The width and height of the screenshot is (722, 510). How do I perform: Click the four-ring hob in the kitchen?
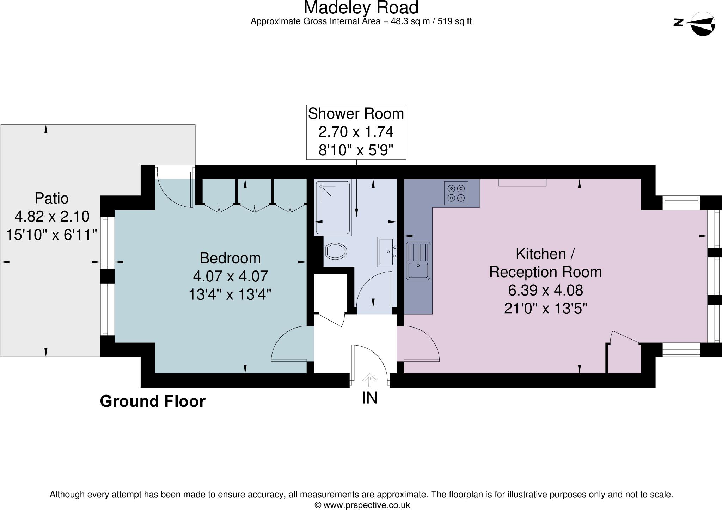(x=456, y=193)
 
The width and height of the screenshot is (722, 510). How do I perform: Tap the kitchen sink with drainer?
(x=418, y=261)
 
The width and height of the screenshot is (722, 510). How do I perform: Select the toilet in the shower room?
(x=336, y=251)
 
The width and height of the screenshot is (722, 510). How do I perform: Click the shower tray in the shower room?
(x=333, y=207)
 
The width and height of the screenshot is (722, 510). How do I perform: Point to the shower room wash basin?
(x=387, y=251)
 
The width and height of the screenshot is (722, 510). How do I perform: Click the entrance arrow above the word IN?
(x=369, y=380)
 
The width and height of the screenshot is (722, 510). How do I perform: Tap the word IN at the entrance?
(x=369, y=398)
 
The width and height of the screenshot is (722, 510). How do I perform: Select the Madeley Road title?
(x=361, y=7)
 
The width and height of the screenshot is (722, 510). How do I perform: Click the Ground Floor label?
(x=152, y=401)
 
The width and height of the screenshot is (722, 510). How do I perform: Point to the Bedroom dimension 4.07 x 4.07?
(x=230, y=276)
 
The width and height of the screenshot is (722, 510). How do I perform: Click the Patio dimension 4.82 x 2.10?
(x=52, y=216)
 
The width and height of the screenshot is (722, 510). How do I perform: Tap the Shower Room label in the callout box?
(x=356, y=114)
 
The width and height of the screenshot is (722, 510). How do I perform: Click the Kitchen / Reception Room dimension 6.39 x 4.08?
(x=545, y=290)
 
